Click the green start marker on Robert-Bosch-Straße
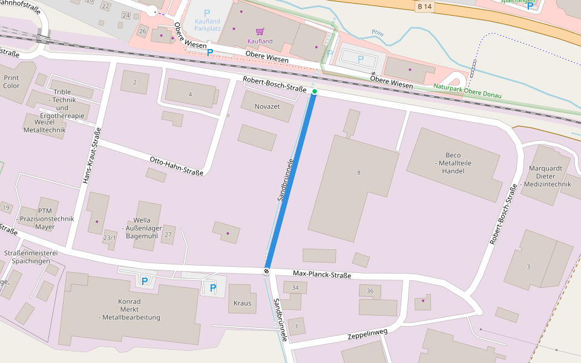(x=315, y=91)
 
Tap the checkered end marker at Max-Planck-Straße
(x=266, y=271)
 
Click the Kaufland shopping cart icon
(x=260, y=31)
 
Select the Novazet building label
(x=258, y=105)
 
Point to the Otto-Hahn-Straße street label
(x=176, y=166)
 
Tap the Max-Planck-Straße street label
(x=321, y=275)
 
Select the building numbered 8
(x=359, y=173)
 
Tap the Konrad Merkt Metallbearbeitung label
(x=130, y=309)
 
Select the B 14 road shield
(x=425, y=7)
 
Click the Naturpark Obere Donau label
(x=468, y=90)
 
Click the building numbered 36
(x=370, y=291)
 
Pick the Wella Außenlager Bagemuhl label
(x=141, y=228)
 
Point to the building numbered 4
(x=190, y=94)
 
